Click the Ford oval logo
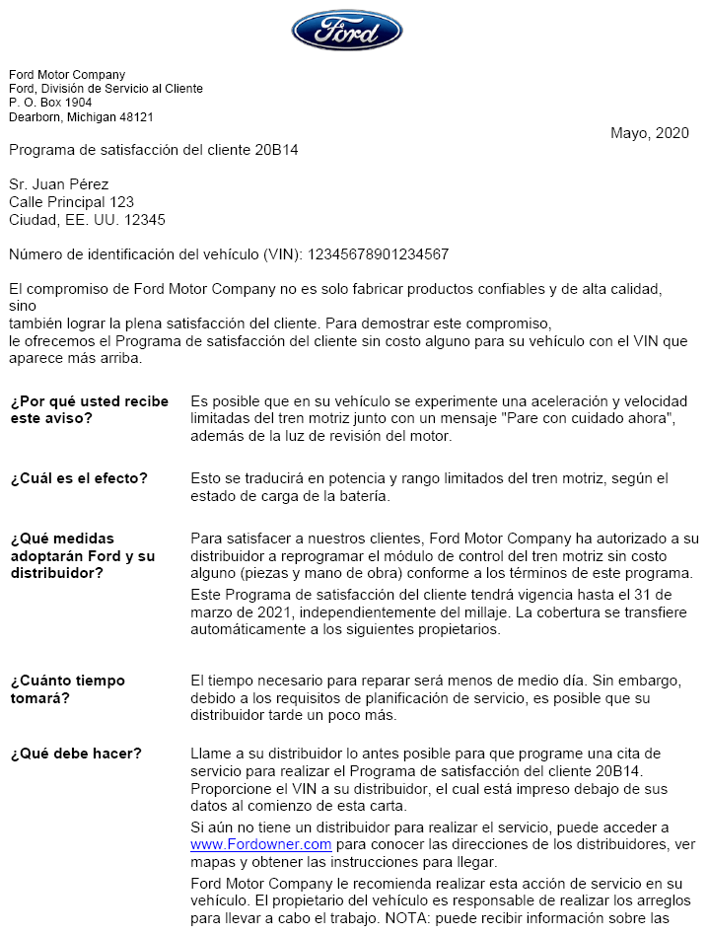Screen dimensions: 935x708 [347, 31]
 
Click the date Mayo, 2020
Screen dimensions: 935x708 [649, 133]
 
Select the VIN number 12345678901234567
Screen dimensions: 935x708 [379, 254]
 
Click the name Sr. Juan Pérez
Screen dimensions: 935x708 [59, 184]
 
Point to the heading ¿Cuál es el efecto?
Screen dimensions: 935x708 [79, 478]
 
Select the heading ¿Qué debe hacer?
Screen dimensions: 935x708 [76, 754]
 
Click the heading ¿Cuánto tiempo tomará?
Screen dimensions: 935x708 [67, 689]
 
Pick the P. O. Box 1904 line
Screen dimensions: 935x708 [50, 103]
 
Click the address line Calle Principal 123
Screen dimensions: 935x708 [71, 202]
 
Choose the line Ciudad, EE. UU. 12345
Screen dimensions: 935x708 [87, 220]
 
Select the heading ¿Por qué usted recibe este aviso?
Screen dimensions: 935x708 [89, 409]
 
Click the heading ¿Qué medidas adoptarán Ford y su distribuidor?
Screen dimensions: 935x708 [82, 555]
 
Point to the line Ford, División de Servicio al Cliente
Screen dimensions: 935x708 [106, 89]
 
